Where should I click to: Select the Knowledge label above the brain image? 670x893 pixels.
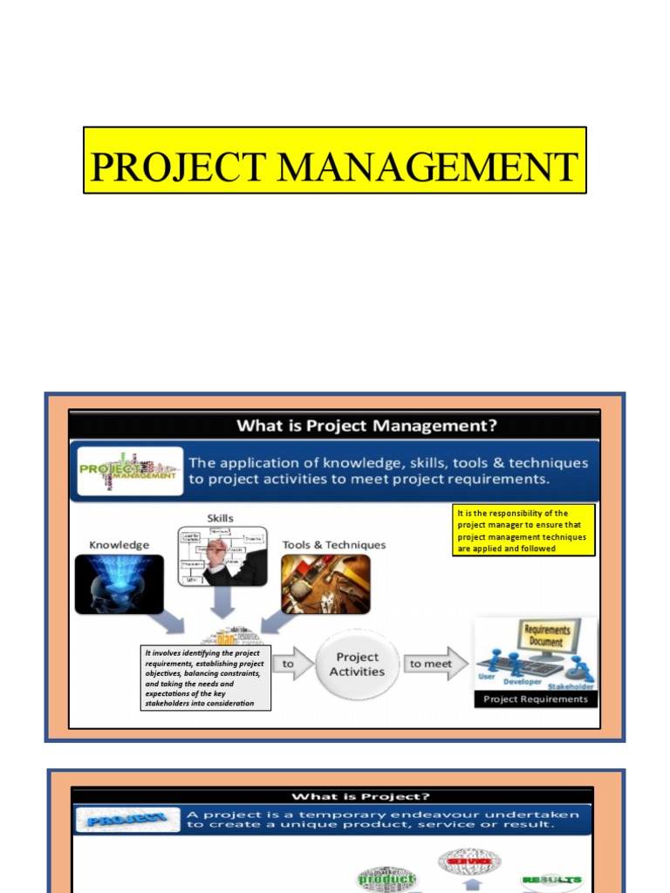(x=120, y=545)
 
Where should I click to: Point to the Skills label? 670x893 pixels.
(x=219, y=518)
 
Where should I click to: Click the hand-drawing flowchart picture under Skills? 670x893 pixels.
(x=222, y=556)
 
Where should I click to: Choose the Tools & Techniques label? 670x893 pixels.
(x=333, y=545)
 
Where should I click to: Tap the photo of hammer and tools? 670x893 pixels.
(x=325, y=583)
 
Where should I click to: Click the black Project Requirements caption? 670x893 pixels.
(x=536, y=699)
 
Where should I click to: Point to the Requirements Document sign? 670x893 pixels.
(x=547, y=636)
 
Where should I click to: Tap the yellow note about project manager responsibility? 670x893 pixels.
(x=523, y=530)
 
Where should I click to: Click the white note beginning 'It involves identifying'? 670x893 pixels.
(x=206, y=678)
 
